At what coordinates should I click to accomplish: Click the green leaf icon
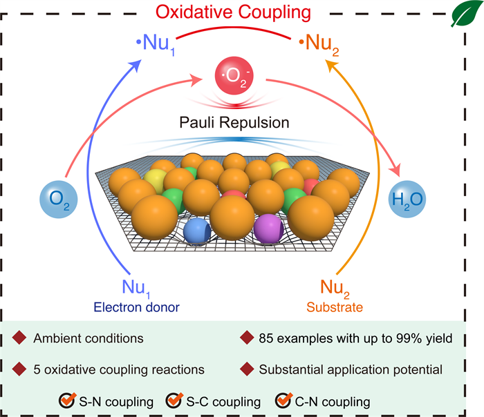click(465, 13)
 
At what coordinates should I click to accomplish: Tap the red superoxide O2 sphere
click(234, 75)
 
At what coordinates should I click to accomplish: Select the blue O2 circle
click(59, 200)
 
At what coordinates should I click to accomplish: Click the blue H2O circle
click(407, 199)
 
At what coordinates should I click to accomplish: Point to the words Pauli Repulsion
click(234, 123)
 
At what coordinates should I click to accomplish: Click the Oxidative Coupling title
click(233, 12)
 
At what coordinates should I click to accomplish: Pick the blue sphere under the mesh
click(197, 231)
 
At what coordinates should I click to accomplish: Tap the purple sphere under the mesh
click(268, 229)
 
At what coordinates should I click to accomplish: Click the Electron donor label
click(136, 307)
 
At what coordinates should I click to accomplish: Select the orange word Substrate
click(335, 307)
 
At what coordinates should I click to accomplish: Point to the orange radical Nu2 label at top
click(319, 44)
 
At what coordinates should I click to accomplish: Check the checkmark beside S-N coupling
click(67, 400)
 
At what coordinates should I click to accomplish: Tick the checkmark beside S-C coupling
click(174, 400)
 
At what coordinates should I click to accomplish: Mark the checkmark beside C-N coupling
click(283, 400)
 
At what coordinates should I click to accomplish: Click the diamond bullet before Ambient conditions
click(19, 338)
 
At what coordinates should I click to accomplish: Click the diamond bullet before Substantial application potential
click(247, 369)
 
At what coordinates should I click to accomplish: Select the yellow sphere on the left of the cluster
click(155, 181)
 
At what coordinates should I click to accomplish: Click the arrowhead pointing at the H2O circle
click(395, 170)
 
